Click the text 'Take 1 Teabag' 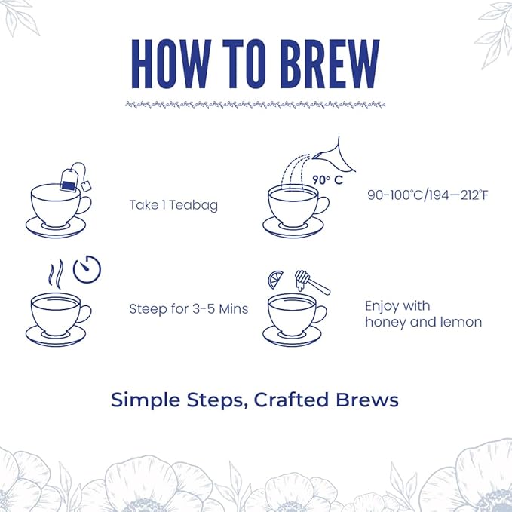click(173, 205)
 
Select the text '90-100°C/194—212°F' click(428, 195)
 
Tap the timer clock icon click(87, 268)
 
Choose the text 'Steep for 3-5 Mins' click(189, 309)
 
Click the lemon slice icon click(275, 281)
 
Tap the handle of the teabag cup click(84, 204)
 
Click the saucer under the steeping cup click(56, 335)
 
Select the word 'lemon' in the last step click(461, 322)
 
